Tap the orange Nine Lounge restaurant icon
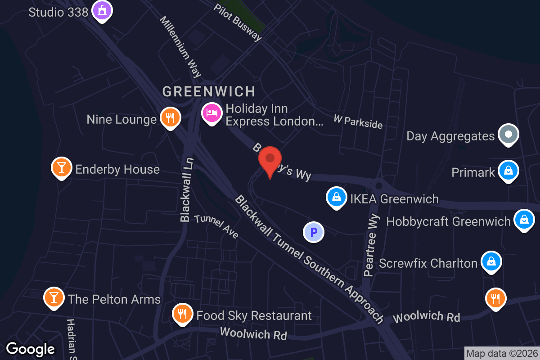tap(170, 117)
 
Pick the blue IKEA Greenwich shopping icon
tap(336, 197)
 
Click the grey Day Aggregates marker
tap(508, 134)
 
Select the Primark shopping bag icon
tap(508, 171)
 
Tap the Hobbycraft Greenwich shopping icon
tap(524, 220)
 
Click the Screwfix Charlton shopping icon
tap(491, 261)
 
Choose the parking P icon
tap(314, 233)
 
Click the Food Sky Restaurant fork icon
tap(182, 314)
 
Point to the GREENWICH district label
tap(209, 92)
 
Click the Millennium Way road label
tap(180, 47)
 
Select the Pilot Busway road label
tap(238, 22)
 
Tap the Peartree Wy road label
tap(372, 245)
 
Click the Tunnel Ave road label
tap(216, 226)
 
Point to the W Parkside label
tap(358, 121)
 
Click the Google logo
tap(31, 349)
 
